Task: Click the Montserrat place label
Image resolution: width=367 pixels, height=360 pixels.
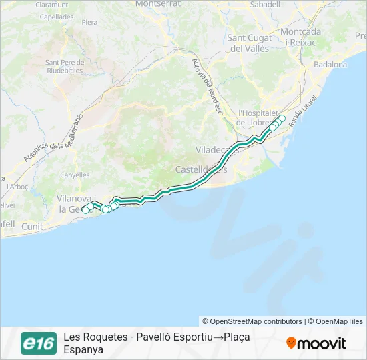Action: click(159, 4)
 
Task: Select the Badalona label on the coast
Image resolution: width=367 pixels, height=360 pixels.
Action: click(330, 65)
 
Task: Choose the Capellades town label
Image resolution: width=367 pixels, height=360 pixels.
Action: click(57, 18)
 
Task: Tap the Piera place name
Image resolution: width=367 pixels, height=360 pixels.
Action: click(89, 22)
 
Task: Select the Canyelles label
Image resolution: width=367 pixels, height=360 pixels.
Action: click(74, 175)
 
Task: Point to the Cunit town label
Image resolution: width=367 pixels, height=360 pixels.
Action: click(31, 227)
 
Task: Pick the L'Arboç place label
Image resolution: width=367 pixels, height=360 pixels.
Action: click(18, 186)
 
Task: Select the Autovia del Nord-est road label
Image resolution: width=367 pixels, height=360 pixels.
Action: click(205, 87)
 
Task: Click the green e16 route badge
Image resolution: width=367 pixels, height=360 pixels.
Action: click(38, 343)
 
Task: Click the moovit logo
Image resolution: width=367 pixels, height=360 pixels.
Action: click(316, 343)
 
